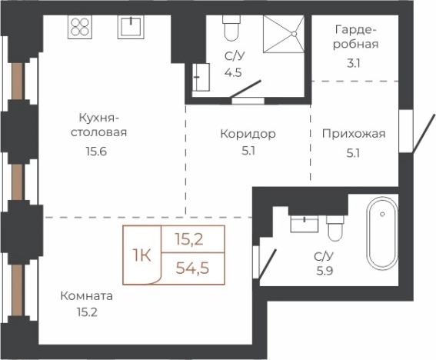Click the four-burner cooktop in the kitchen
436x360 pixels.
(81, 28)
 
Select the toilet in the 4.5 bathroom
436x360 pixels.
(231, 29)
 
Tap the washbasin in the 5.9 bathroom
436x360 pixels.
(304, 224)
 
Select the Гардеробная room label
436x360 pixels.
(356, 38)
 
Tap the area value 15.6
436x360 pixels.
(97, 151)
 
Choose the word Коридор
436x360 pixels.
(248, 134)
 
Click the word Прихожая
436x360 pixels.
(353, 134)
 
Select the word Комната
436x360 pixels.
(88, 295)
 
